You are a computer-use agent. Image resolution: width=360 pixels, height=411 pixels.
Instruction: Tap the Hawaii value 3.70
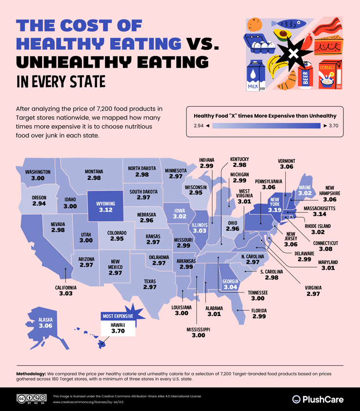click(x=118, y=331)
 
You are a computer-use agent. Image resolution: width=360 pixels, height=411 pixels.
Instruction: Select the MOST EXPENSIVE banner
click(x=118, y=316)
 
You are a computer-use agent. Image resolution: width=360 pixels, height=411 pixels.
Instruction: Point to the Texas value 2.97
click(x=149, y=288)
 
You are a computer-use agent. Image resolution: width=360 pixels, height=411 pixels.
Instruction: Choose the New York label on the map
click(x=275, y=202)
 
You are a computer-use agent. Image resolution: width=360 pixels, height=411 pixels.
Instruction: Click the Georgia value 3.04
click(x=230, y=288)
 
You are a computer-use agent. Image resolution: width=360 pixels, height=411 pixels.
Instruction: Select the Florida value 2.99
click(x=260, y=316)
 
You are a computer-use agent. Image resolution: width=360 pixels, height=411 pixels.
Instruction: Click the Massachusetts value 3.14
click(x=319, y=215)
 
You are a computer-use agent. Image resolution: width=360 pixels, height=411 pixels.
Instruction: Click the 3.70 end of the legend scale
click(x=333, y=126)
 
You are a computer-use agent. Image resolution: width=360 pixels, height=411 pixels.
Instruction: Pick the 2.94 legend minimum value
click(x=199, y=126)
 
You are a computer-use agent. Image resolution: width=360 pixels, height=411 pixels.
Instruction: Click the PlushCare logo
click(x=318, y=399)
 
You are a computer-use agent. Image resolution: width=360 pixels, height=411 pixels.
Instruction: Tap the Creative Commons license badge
click(x=32, y=399)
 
